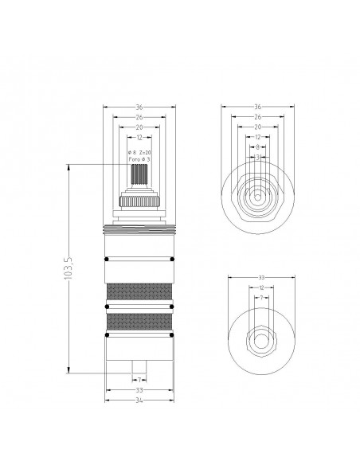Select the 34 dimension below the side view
139,401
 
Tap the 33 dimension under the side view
139,391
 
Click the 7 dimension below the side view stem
139,380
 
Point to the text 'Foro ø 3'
139,159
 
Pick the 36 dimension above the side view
139,107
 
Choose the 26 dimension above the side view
139,116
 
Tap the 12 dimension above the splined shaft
139,138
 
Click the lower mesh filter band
139,322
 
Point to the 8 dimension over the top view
258,147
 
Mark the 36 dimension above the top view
258,107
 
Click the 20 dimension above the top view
258,127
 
